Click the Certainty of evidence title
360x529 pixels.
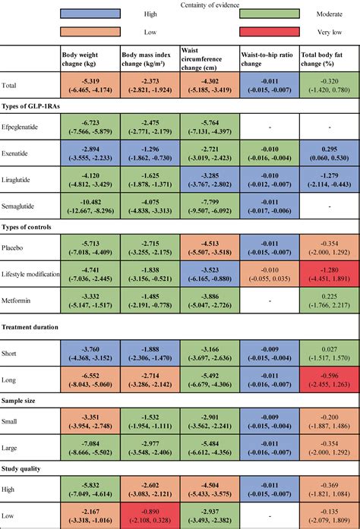tap(180, 5)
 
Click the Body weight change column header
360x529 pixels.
tap(89, 60)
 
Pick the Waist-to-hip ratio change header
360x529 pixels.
tap(269, 60)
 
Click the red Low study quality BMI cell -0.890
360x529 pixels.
tap(149, 515)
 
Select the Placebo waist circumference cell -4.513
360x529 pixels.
tap(208, 247)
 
